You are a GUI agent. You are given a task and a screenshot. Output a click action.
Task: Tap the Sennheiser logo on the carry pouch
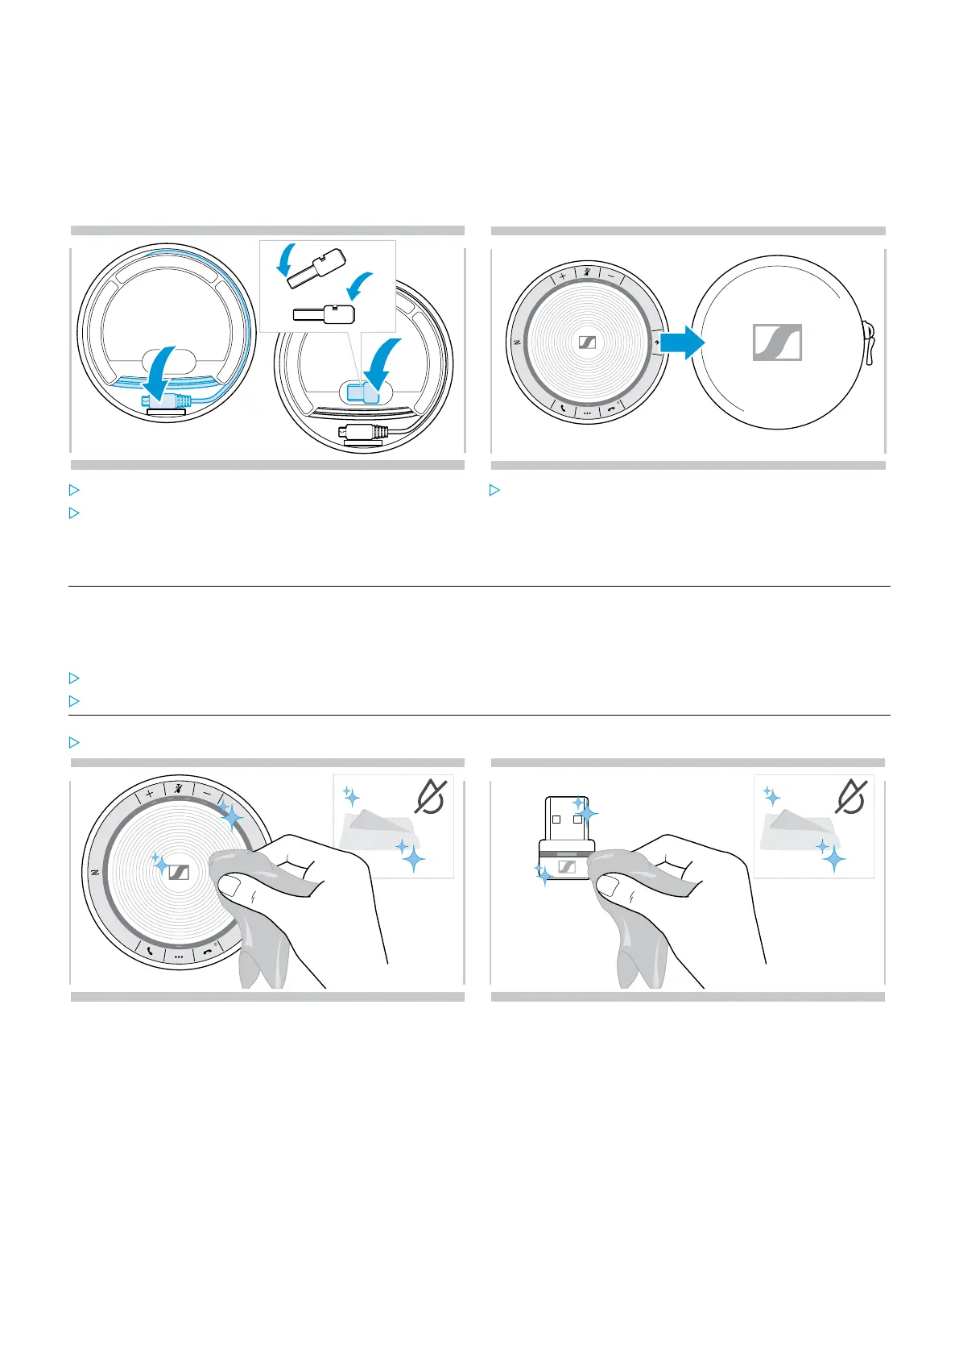click(777, 342)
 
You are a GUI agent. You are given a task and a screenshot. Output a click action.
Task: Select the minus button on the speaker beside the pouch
click(612, 276)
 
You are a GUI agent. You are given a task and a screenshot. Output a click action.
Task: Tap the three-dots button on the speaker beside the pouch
click(587, 413)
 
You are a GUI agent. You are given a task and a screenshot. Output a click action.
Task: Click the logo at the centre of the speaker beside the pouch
click(587, 342)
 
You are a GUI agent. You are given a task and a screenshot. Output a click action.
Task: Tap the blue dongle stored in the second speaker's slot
click(362, 392)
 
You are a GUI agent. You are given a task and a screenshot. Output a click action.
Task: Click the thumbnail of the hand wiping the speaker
click(267, 879)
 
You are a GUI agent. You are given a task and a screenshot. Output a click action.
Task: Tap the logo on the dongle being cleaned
click(567, 868)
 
